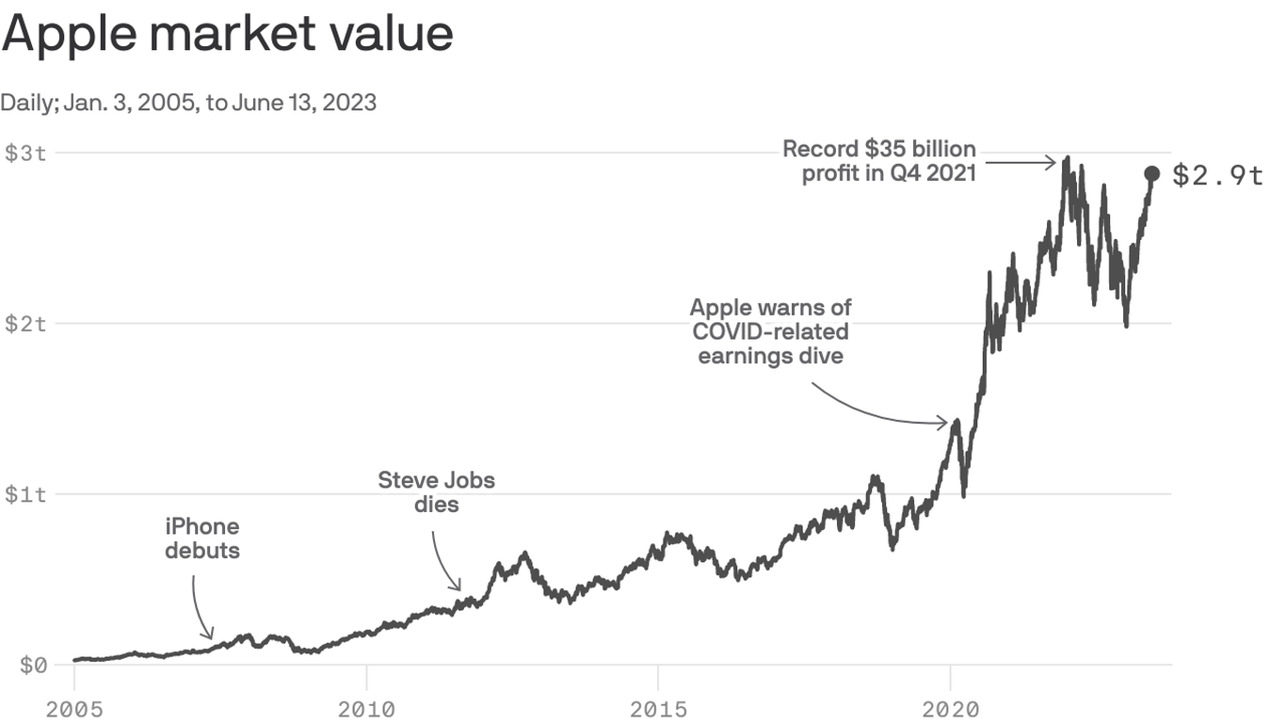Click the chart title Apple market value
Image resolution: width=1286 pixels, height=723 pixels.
click(227, 35)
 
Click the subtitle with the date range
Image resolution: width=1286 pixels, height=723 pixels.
click(188, 103)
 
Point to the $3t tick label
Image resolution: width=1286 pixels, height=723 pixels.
click(25, 153)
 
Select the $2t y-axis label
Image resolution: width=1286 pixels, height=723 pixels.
click(25, 324)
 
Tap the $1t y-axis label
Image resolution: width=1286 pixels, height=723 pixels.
click(25, 494)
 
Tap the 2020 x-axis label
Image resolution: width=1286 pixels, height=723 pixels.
click(950, 707)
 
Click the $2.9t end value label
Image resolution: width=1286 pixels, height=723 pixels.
click(1217, 175)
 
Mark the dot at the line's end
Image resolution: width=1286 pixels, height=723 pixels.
click(1151, 173)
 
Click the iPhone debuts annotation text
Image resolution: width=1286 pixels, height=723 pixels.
click(202, 538)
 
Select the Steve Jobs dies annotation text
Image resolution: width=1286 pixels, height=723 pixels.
click(436, 492)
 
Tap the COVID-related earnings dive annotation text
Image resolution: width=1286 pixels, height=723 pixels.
click(770, 332)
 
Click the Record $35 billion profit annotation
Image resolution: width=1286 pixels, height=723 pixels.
click(879, 162)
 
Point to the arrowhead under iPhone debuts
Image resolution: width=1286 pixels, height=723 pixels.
click(210, 635)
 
